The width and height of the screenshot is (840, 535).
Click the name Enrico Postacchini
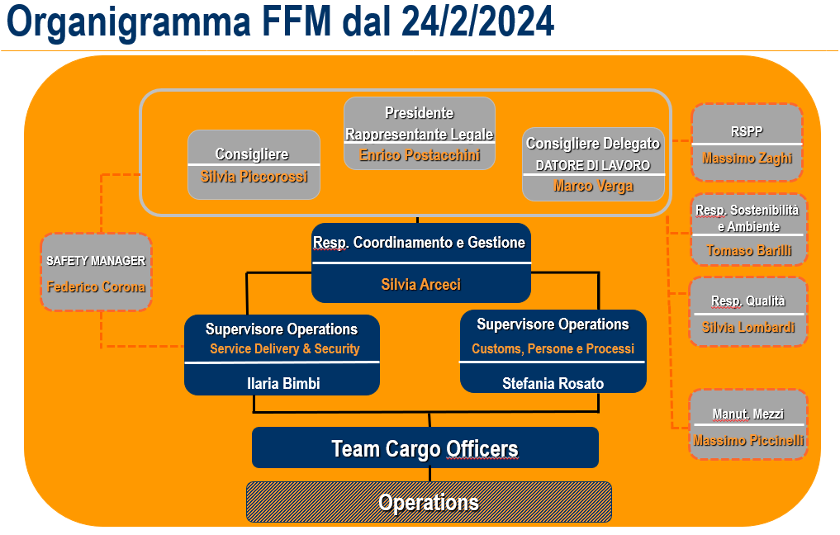[x=420, y=155]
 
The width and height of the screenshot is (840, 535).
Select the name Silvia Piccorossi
[x=254, y=176]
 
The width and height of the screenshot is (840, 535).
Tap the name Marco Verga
[x=593, y=186]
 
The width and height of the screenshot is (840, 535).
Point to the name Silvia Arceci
[x=420, y=284]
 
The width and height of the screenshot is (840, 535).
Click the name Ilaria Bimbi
[x=282, y=383]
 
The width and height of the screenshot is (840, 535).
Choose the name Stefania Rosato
[x=553, y=383]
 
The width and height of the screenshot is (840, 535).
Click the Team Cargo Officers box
[x=425, y=448]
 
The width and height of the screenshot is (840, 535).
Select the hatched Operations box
[x=428, y=502]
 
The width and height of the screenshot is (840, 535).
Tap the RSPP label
[x=747, y=130]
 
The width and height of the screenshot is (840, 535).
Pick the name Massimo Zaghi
[x=747, y=157]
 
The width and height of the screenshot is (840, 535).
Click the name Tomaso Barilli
[x=748, y=250]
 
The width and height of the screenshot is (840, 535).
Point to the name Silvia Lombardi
[x=748, y=328]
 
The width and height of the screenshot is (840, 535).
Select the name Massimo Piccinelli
[x=748, y=441]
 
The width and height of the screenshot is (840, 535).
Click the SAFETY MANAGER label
[x=96, y=261]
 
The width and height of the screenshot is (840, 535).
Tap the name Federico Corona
[x=96, y=287]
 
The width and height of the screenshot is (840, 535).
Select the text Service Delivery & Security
[x=284, y=349]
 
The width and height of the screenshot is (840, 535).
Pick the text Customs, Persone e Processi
[x=553, y=349]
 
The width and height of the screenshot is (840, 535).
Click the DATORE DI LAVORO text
[x=593, y=165]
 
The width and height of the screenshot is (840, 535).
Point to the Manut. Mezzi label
[x=748, y=414]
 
